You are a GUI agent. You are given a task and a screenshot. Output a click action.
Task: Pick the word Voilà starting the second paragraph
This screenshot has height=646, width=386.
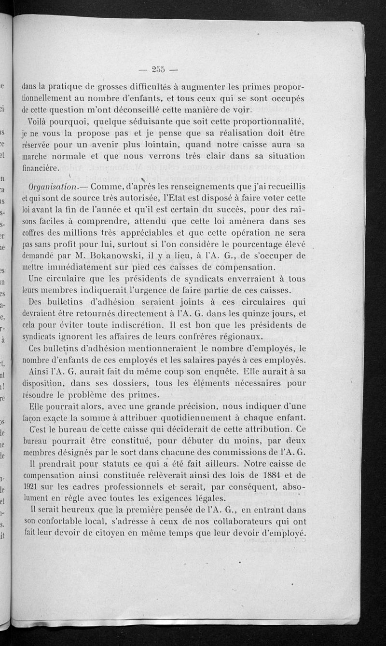click(x=40, y=121)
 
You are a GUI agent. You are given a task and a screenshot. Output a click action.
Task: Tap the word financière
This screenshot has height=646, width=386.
click(x=41, y=168)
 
